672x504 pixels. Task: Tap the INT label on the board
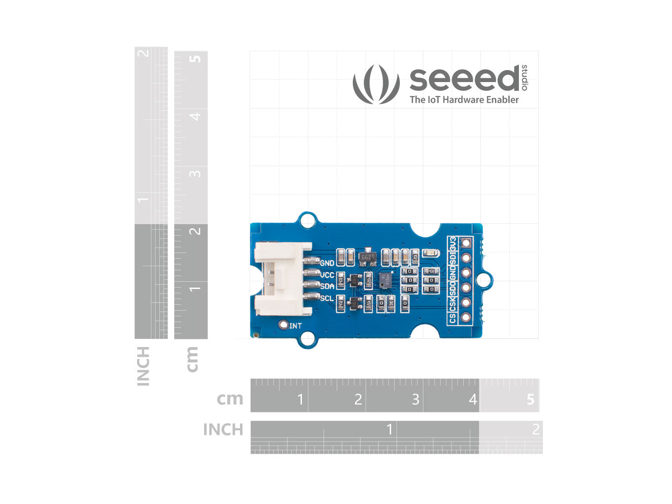click(296, 326)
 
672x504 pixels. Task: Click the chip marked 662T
click(367, 257)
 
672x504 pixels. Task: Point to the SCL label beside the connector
click(326, 298)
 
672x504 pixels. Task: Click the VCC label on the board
click(327, 275)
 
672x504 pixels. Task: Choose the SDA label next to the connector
click(327, 287)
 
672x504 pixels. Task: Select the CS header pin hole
click(466, 317)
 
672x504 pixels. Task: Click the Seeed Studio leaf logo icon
click(376, 84)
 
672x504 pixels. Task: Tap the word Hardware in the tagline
click(463, 100)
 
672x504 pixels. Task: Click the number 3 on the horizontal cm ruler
click(415, 399)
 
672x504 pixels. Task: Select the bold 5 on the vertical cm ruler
click(195, 59)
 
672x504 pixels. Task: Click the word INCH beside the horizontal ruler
click(223, 430)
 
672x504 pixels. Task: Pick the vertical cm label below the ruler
click(192, 359)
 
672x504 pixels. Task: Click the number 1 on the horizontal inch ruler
click(390, 429)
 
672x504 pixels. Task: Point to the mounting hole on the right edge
click(486, 280)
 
